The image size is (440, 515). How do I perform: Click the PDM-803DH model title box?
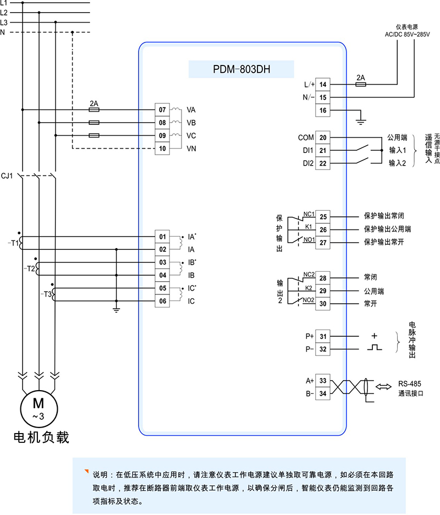pyautogui.click(x=241, y=70)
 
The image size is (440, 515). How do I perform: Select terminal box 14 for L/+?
pyautogui.click(x=323, y=84)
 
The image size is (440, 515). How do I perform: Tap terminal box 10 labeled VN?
pyautogui.click(x=162, y=149)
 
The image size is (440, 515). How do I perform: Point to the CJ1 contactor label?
pyautogui.click(x=8, y=176)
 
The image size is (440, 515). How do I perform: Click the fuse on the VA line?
pyautogui.click(x=94, y=109)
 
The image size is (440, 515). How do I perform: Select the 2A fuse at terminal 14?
pyautogui.click(x=361, y=84)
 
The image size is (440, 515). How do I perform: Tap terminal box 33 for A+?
pyautogui.click(x=323, y=380)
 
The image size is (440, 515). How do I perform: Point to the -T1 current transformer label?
pyautogui.click(x=13, y=242)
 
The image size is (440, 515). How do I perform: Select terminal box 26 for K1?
pyautogui.click(x=323, y=229)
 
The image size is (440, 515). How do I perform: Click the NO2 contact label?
pyautogui.click(x=309, y=300)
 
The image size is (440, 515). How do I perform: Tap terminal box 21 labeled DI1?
pyautogui.click(x=323, y=150)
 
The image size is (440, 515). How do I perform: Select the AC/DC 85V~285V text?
pyautogui.click(x=408, y=34)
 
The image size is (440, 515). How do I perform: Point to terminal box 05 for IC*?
pyautogui.click(x=162, y=288)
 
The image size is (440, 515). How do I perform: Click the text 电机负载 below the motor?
pyautogui.click(x=42, y=437)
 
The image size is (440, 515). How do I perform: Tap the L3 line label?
pyautogui.click(x=4, y=22)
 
